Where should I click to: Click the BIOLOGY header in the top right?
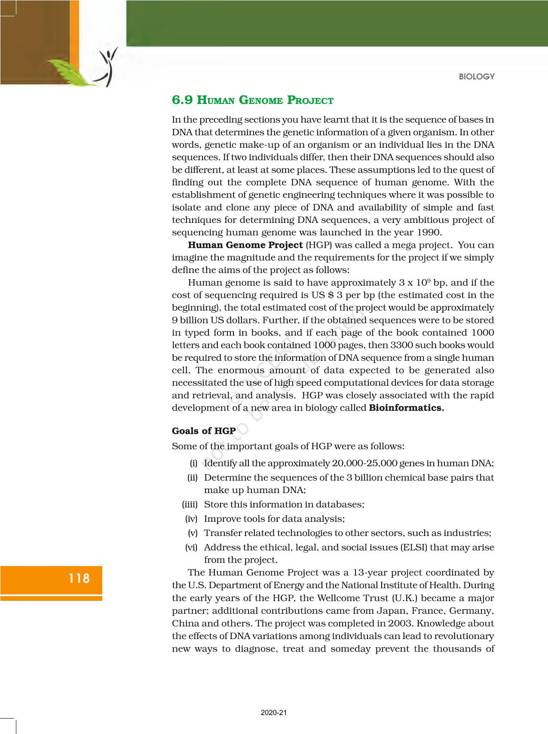477,77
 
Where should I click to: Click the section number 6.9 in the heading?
182,100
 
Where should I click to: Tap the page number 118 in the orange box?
80,578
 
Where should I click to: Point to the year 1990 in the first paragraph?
429,232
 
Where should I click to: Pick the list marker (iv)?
191,519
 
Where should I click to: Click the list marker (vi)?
191,547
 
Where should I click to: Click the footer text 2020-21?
273,713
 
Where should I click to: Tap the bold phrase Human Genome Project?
245,245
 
